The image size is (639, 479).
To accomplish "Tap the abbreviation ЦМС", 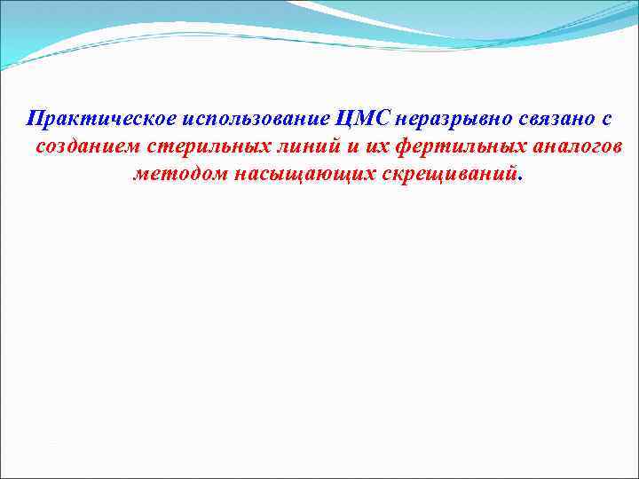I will pos(362,119).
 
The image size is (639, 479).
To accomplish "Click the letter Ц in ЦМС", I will pos(345,119).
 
